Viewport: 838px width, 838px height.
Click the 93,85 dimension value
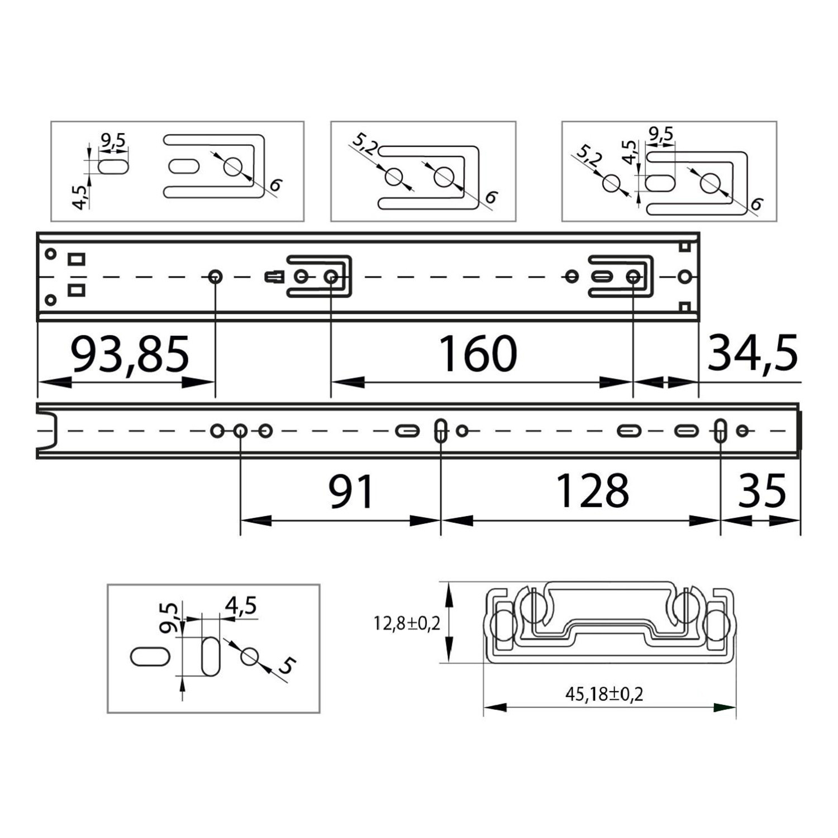pos(130,355)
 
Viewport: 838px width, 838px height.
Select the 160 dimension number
pos(478,354)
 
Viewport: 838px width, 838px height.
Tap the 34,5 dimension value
pos(753,354)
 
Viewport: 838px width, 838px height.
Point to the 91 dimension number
pos(351,491)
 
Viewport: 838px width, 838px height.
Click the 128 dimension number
pos(593,491)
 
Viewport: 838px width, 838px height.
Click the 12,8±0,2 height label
pos(407,623)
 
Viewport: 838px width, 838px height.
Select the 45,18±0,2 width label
pos(604,694)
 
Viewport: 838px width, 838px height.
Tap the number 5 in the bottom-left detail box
pos(287,665)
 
